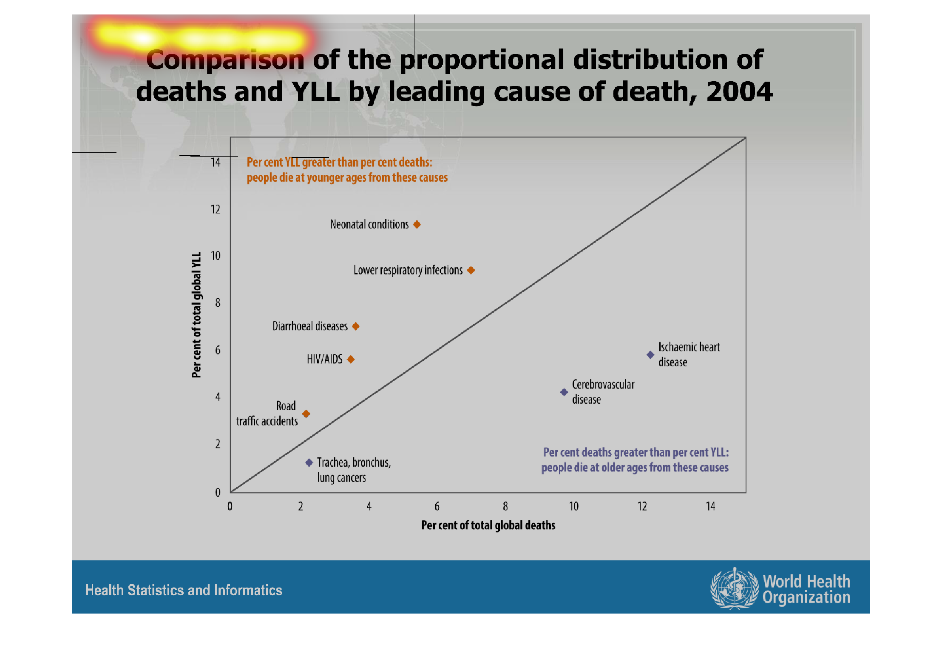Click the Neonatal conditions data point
pos(417,224)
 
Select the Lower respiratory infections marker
pos(471,270)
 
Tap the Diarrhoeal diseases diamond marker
pos(356,326)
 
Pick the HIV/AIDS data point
pos(351,360)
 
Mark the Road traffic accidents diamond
pos(306,414)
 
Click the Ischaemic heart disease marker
pos(650,354)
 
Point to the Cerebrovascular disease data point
pos(564,392)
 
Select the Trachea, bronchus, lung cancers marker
pos(309,463)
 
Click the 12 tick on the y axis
pos(216,209)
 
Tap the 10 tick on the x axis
pos(574,506)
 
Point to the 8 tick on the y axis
pos(218,303)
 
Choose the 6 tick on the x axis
pos(437,506)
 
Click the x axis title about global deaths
pos(488,525)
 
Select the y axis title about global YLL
pos(196,315)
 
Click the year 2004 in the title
pos(739,91)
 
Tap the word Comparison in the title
pos(225,60)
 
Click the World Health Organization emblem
pos(734,588)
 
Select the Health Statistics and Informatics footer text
pos(184,590)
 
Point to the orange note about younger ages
pos(347,170)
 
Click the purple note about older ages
pos(635,460)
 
